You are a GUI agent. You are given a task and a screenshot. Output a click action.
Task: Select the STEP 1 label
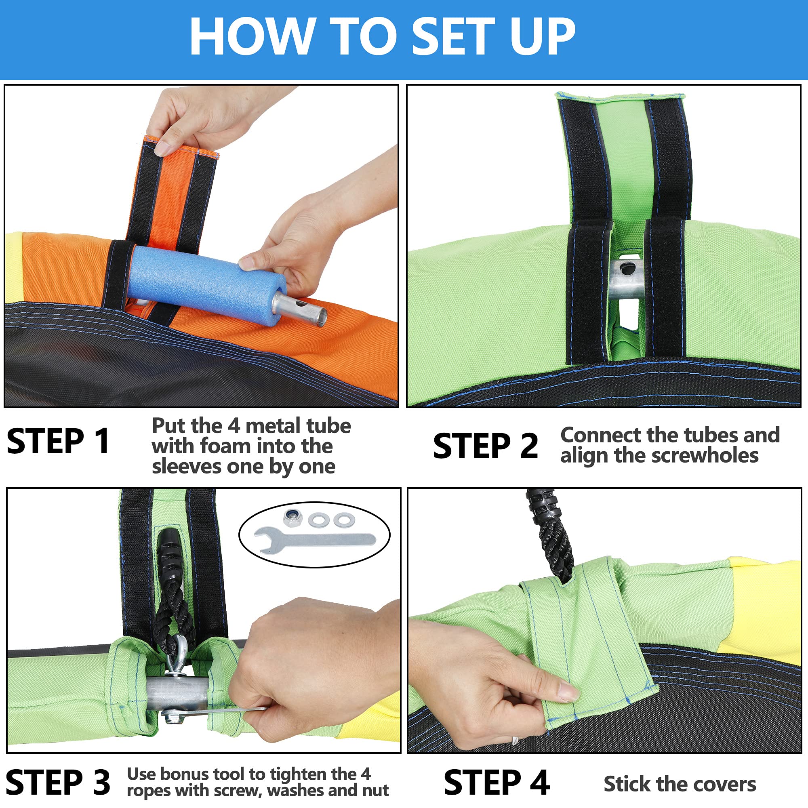coord(59,441)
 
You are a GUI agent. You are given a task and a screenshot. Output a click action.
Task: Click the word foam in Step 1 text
coord(226,446)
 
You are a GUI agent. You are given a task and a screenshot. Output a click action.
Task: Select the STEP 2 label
coord(485,446)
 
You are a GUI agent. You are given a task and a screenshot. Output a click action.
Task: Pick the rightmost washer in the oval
coord(344,520)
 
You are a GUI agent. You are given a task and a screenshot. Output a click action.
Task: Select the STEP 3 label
coord(58,782)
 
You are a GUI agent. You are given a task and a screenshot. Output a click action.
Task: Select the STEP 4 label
coord(496,782)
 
